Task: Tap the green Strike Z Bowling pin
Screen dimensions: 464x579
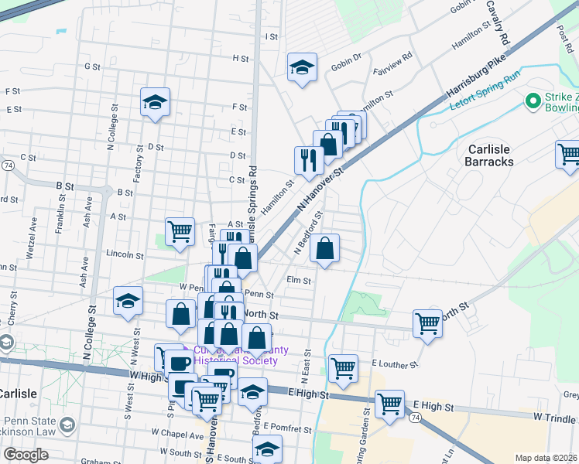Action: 533,101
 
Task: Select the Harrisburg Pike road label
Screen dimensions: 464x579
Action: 475,80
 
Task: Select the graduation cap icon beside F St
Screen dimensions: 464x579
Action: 155,101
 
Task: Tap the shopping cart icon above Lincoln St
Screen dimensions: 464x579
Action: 180,230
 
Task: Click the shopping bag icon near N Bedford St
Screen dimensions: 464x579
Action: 325,248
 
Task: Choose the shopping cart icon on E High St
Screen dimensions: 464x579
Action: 389,403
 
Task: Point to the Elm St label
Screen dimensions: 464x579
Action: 299,281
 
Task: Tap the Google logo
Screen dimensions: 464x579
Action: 26,454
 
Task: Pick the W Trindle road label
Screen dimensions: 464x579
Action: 555,417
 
